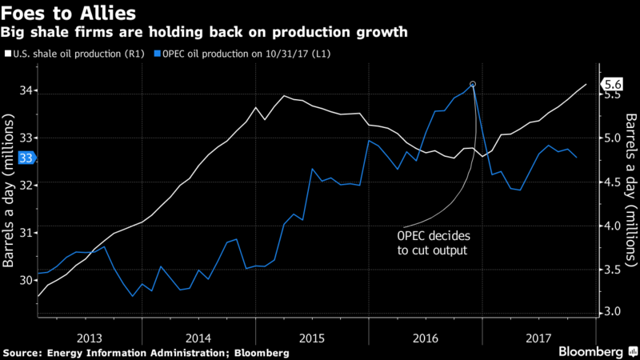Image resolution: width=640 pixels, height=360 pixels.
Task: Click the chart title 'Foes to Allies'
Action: pos(62,14)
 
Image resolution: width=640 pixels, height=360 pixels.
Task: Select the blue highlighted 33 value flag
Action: pos(26,158)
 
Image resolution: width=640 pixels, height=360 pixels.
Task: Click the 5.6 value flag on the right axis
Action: pos(613,84)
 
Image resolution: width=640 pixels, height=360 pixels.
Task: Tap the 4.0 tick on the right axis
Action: pos(613,226)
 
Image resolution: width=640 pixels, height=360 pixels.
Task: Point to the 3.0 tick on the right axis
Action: pos(613,311)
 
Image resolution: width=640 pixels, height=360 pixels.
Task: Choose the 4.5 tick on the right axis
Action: pos(613,182)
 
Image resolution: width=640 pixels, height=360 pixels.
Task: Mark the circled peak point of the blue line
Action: pos(473,84)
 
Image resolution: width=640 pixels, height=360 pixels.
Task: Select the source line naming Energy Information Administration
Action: pos(146,352)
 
